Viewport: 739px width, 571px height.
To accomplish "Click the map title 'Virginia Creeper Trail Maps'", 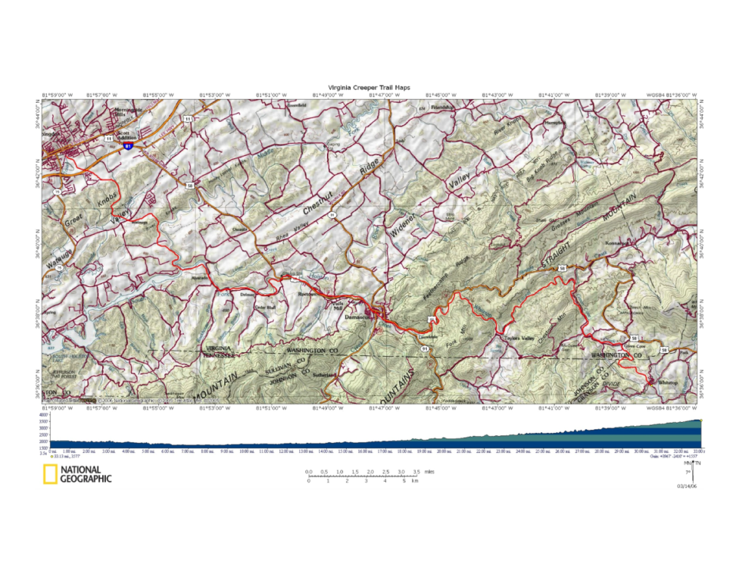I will point(369,87).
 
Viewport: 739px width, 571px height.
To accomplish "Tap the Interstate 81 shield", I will point(129,145).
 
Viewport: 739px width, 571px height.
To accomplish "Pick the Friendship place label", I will point(441,108).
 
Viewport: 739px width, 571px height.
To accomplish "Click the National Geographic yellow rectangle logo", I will point(49,474).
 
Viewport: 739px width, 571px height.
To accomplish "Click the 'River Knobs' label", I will point(509,129).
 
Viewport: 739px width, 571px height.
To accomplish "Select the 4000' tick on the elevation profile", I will point(43,416).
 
